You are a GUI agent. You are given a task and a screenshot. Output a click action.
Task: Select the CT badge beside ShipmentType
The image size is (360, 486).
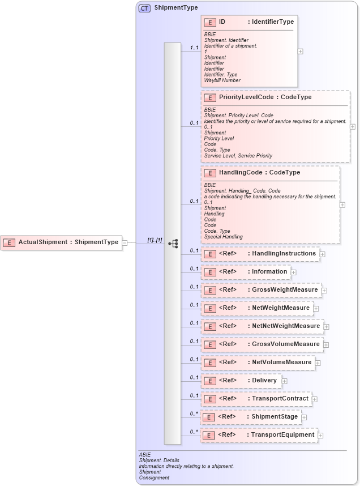point(144,8)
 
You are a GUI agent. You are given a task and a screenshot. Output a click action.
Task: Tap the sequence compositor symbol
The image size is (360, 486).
point(173,243)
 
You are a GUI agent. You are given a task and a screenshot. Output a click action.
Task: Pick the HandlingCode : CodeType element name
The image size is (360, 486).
point(259,173)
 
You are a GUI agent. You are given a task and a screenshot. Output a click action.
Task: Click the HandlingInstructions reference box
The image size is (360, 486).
point(260,254)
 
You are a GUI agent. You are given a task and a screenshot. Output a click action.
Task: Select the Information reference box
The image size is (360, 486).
point(246,272)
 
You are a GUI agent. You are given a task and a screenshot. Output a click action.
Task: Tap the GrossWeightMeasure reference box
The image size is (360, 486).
point(261,290)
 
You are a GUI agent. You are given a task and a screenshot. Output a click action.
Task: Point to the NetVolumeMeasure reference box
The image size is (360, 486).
point(258,363)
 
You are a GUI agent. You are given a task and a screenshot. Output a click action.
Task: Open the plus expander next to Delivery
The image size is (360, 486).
point(285,381)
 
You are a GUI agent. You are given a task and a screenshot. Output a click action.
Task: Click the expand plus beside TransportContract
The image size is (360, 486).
point(315,399)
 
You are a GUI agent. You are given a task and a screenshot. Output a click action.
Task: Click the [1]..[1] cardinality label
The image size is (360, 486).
point(155,240)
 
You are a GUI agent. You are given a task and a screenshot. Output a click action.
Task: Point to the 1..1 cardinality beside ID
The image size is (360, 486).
point(194,48)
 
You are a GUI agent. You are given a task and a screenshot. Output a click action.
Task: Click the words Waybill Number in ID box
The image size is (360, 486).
point(222,80)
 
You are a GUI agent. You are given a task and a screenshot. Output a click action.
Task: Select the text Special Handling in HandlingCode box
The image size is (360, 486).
point(224,237)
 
